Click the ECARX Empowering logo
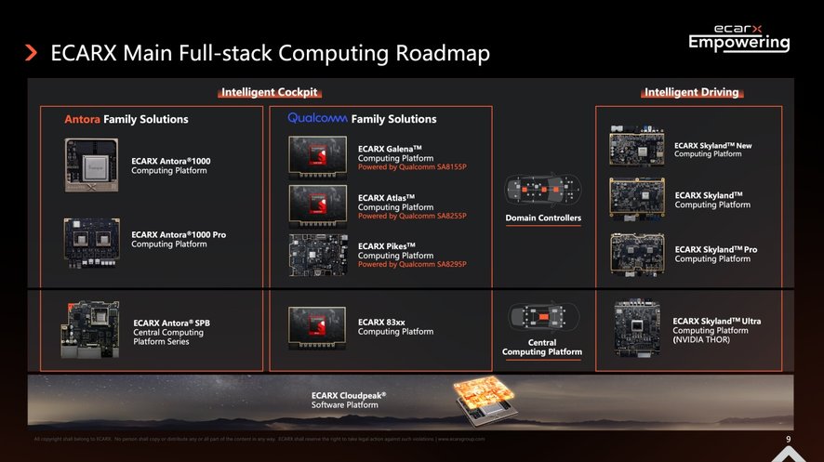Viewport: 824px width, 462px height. coord(739,38)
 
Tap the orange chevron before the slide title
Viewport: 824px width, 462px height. coord(32,53)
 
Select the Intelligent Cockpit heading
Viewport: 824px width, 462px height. coord(270,92)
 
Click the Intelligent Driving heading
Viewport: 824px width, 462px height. coord(691,92)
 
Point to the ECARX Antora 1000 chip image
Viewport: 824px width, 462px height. coord(92,165)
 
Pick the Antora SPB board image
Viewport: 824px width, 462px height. coord(89,327)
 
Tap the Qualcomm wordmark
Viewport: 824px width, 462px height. coord(317,118)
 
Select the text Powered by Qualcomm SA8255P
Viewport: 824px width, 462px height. coord(412,217)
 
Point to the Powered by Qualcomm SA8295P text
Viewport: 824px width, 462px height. coord(412,264)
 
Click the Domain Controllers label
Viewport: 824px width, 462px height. coord(543,218)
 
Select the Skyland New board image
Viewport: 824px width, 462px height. coord(637,146)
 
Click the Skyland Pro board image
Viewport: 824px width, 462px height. coord(637,252)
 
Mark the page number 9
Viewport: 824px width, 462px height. coord(788,440)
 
